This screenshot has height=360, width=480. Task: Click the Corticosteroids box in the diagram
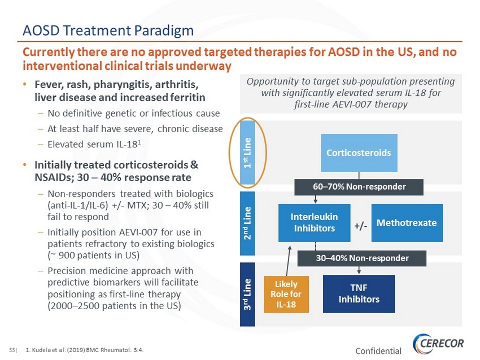tap(359, 152)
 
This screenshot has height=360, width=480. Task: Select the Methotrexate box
tap(407, 223)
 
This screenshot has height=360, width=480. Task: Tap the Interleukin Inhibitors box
tap(315, 223)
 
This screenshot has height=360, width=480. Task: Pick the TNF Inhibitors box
tap(359, 293)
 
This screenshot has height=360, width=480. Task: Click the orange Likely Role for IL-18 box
tap(286, 294)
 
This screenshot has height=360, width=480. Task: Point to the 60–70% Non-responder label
tap(359, 187)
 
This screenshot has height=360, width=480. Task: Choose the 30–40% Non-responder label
tap(362, 258)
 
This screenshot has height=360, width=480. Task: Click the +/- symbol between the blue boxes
tap(361, 226)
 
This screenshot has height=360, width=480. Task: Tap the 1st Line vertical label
tap(247, 152)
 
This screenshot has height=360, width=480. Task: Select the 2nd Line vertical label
tap(247, 223)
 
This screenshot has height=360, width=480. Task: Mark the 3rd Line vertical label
tap(247, 294)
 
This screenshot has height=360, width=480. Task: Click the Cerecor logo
tap(438, 344)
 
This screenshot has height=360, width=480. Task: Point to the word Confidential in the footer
tap(378, 351)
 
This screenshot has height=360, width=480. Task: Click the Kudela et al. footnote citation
tap(85, 350)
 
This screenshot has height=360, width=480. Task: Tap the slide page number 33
tap(12, 350)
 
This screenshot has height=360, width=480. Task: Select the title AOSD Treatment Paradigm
tap(108, 30)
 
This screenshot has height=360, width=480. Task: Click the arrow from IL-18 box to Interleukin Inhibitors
tap(288, 261)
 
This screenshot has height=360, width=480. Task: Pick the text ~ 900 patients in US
tap(93, 256)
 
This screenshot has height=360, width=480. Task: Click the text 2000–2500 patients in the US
tap(114, 306)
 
